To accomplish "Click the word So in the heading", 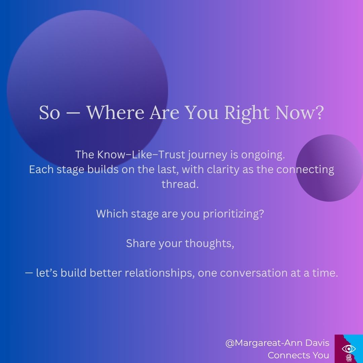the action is (x=49, y=113).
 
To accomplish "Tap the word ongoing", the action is (x=263, y=155).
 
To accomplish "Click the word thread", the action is (x=180, y=184).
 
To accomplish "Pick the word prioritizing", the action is (x=233, y=214).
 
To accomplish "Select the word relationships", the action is (x=160, y=273).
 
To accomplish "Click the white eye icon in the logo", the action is (x=349, y=349).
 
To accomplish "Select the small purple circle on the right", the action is (x=329, y=168).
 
